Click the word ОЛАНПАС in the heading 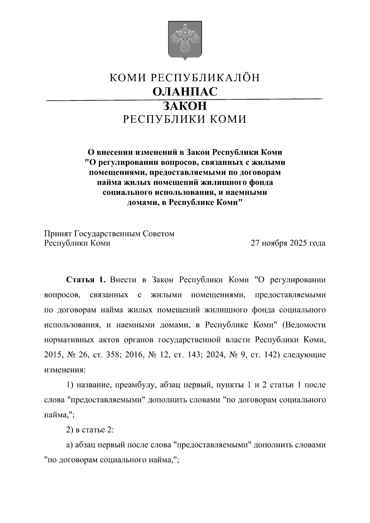pyautogui.click(x=185, y=92)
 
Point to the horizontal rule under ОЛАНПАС pyautogui.click(x=185, y=100)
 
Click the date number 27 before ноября pyautogui.click(x=255, y=243)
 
